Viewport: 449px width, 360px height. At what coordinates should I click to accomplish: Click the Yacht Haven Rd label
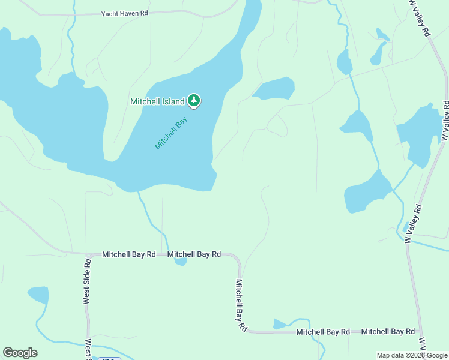click(x=124, y=13)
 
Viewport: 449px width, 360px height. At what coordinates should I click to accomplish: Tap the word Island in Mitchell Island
click(x=173, y=101)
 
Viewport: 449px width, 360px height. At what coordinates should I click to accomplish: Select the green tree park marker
click(x=193, y=100)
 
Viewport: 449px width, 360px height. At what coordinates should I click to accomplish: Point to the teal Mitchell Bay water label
click(x=171, y=132)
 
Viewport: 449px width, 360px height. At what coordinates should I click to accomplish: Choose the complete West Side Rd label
click(x=88, y=281)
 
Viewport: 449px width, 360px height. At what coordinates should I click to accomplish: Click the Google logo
click(x=20, y=353)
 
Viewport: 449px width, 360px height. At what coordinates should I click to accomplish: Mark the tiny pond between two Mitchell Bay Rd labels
click(x=180, y=262)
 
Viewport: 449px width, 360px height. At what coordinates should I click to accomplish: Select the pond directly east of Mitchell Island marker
click(x=276, y=88)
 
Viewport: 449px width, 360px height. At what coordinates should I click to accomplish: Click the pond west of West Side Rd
click(x=39, y=295)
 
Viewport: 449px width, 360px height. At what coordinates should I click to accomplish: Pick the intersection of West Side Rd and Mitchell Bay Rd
click(x=88, y=254)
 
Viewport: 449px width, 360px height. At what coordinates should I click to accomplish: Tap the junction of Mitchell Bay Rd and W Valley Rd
click(x=420, y=331)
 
